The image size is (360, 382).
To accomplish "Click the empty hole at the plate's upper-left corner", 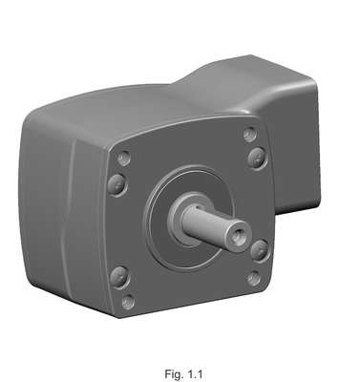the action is pos(124,158).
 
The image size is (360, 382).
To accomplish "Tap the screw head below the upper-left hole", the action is pos(117,184).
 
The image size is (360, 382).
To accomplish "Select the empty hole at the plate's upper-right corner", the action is pos(250,134).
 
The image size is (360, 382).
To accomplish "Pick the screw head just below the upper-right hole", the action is pos(257,158).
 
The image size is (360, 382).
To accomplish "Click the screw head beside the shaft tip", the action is pos(260,250).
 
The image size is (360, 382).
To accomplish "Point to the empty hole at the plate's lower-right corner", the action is pos(254,278).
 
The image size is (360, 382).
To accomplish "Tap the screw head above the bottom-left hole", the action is pos(119,276).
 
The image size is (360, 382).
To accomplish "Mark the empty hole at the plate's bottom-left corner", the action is pos(128,302).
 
